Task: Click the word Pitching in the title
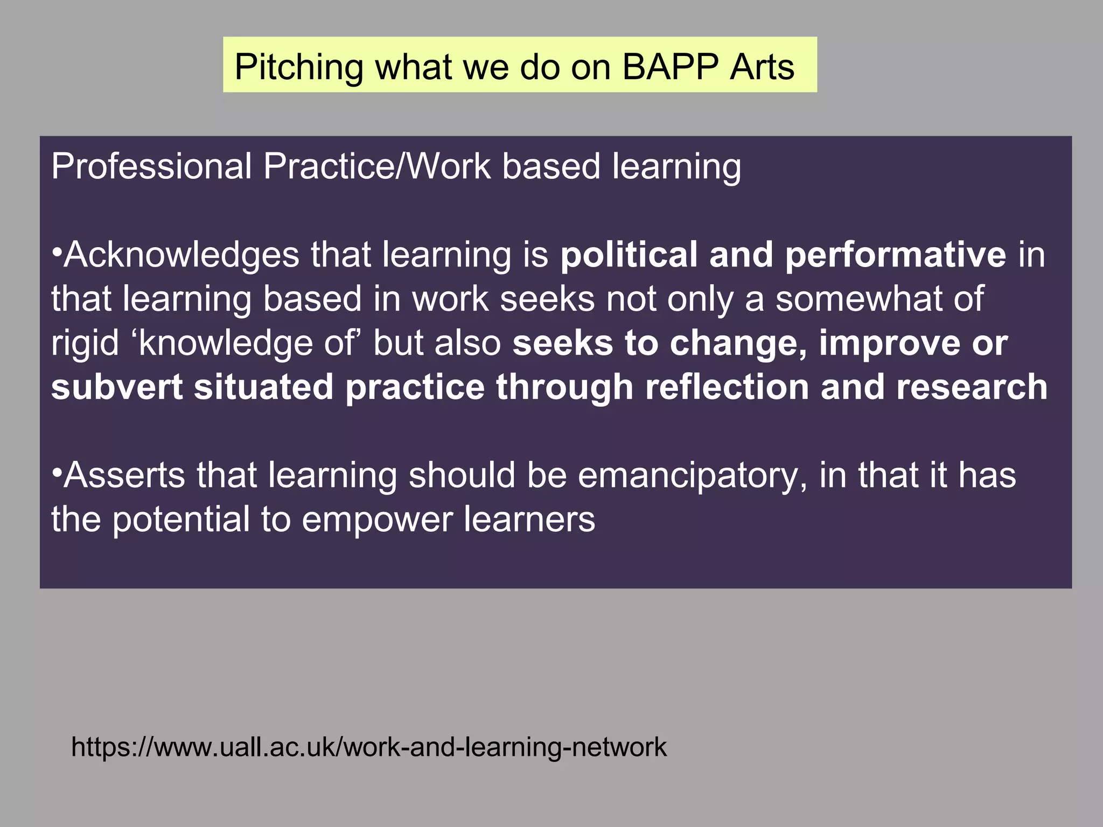tap(299, 68)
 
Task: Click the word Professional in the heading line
tap(151, 166)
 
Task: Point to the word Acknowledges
tap(181, 255)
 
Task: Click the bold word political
tap(629, 255)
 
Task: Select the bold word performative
tap(895, 255)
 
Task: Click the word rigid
tap(85, 343)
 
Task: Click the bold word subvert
tap(117, 387)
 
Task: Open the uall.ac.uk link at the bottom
tap(369, 747)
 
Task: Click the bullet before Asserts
tap(57, 474)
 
